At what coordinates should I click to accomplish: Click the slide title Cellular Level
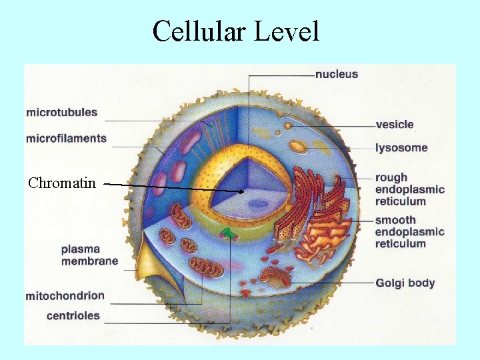click(235, 31)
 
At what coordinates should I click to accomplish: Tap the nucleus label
click(337, 74)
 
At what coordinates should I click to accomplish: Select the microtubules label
click(61, 113)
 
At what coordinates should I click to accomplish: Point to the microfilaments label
click(66, 139)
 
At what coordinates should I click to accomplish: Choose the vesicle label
click(395, 125)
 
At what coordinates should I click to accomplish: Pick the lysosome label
click(401, 147)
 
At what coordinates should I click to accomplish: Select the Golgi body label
click(405, 283)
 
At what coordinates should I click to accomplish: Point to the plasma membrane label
click(89, 255)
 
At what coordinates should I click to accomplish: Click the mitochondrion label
click(65, 295)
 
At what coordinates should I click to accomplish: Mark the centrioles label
click(73, 316)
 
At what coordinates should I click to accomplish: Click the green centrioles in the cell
click(229, 233)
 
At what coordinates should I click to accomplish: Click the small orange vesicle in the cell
click(288, 125)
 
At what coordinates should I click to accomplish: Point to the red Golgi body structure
click(275, 273)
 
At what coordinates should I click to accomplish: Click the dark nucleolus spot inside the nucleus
click(257, 203)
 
